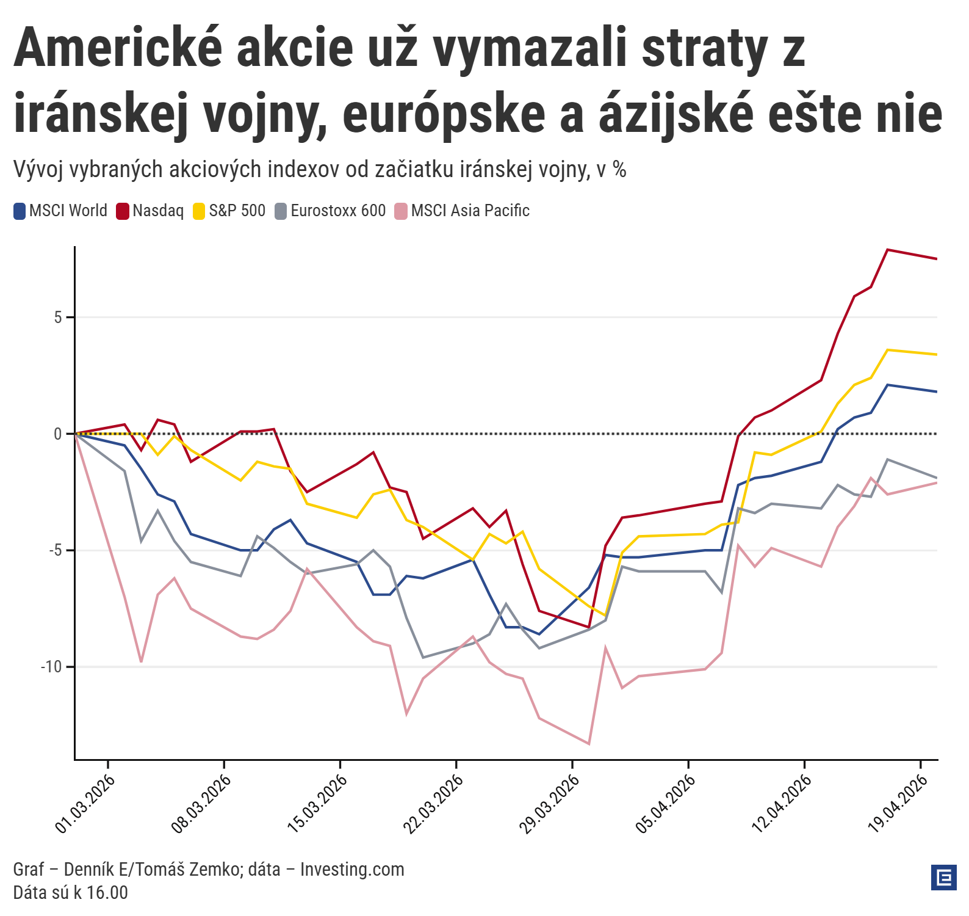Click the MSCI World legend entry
click(x=60, y=211)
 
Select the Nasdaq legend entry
click(x=151, y=211)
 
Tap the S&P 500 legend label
click(x=230, y=211)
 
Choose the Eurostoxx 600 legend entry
click(x=331, y=211)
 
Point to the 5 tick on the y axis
click(x=58, y=318)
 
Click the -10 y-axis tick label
click(x=52, y=667)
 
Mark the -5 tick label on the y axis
click(x=55, y=551)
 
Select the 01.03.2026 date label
click(x=85, y=804)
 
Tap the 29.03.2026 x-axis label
click(x=549, y=804)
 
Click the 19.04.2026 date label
click(x=898, y=804)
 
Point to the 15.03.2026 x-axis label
click(x=317, y=804)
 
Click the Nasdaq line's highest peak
click(x=887, y=250)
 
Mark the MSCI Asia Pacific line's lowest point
click(x=589, y=744)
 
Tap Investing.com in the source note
click(x=352, y=870)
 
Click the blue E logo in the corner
click(x=944, y=878)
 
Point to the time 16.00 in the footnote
click(x=107, y=893)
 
